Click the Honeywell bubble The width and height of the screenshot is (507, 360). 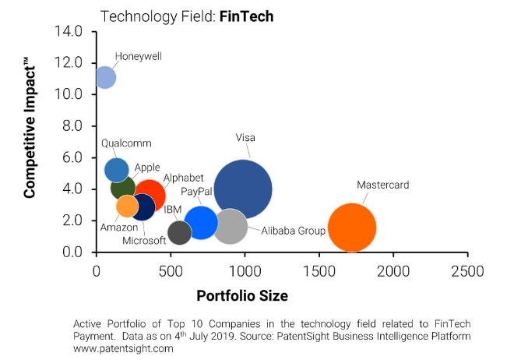105,77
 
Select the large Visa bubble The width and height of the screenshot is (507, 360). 243,189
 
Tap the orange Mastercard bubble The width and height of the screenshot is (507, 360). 352,228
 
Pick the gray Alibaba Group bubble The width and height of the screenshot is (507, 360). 231,226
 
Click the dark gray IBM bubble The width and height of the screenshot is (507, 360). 180,232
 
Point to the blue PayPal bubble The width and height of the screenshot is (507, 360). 201,222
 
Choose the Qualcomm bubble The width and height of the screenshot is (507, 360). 116,169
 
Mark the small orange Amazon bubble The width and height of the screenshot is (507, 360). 128,206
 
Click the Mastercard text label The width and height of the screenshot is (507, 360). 382,185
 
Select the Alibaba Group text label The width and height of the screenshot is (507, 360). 293,231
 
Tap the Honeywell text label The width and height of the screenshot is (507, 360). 138,56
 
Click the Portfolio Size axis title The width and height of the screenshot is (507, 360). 242,296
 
